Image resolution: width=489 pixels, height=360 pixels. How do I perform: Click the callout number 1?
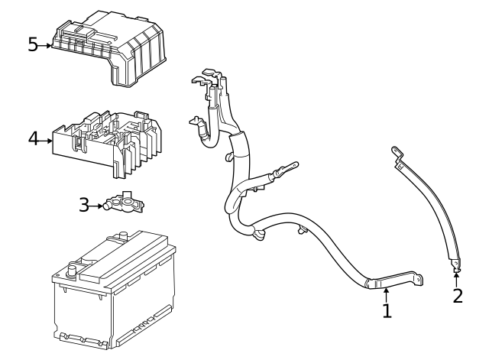(387, 310)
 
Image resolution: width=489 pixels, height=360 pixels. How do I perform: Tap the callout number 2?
(457, 295)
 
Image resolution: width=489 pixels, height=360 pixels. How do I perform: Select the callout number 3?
(84, 205)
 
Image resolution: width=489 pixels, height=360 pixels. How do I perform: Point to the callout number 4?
(33, 139)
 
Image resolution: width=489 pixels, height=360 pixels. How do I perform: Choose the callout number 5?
(33, 45)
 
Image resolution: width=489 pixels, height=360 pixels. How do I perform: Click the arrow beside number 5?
(47, 46)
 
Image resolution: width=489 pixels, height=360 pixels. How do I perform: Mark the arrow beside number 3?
(98, 206)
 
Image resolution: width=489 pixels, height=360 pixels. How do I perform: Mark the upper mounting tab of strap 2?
(396, 154)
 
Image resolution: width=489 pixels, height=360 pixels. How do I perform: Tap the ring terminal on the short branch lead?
(291, 164)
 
